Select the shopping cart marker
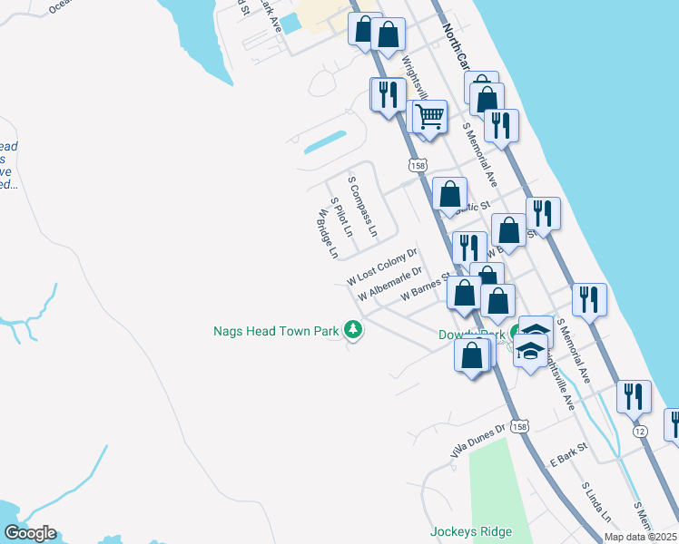428,117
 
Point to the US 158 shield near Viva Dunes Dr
518,426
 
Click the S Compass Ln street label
363,207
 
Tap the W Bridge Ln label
328,234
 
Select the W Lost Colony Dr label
381,267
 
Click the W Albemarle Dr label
390,283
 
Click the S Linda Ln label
597,502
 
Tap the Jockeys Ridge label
471,532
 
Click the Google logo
30,533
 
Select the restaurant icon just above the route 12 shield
633,396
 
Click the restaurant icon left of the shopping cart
388,94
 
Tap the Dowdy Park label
470,335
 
